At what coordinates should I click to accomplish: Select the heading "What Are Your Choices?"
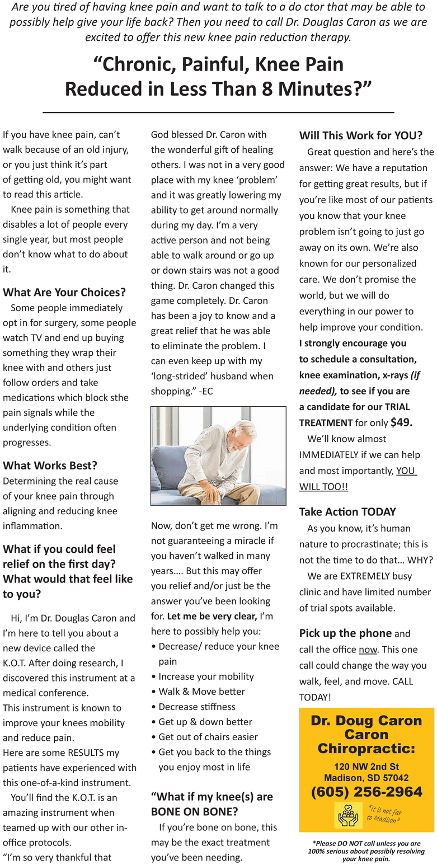64,292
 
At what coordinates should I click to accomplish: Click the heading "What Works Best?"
50,466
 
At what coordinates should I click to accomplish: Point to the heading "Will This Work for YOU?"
360,135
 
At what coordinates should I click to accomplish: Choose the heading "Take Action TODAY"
347,511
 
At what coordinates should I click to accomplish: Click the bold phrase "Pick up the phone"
345,633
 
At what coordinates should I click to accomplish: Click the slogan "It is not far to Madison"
385,814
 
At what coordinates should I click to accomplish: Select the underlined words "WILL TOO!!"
323,487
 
